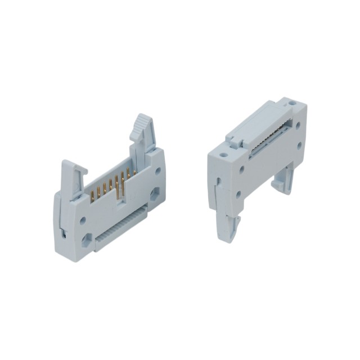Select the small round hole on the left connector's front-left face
click(83, 220)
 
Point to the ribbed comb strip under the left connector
click(120, 228)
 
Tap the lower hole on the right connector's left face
click(239, 194)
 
